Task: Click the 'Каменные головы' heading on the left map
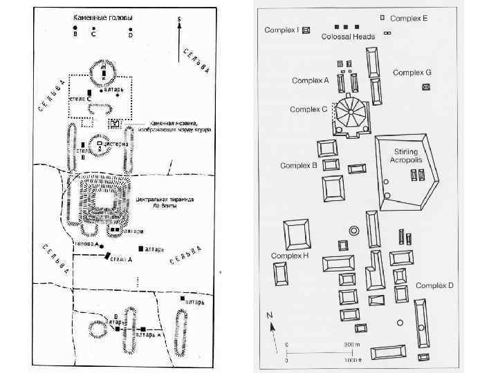tap(103, 17)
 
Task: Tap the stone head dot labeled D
tap(130, 28)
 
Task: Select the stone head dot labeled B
tap(75, 28)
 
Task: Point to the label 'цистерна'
tap(116, 144)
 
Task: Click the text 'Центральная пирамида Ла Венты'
tap(165, 202)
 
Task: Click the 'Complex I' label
tap(282, 30)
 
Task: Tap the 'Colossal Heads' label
tap(348, 37)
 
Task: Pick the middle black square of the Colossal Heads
tap(346, 27)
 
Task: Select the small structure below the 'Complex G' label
tap(425, 86)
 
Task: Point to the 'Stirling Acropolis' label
tap(407, 155)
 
